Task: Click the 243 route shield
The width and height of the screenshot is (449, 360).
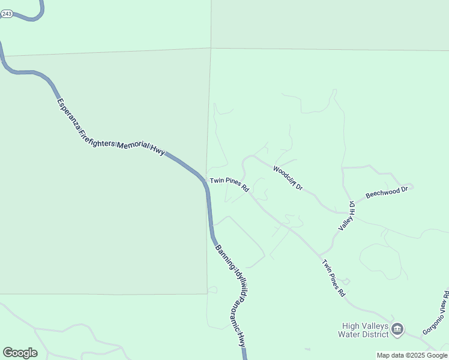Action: (6, 13)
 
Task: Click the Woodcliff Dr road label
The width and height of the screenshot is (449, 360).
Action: (288, 178)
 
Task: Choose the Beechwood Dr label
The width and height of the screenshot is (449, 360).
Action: (387, 193)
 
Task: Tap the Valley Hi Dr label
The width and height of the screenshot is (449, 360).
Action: (347, 216)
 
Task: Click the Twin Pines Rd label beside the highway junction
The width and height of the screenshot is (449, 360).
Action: (229, 184)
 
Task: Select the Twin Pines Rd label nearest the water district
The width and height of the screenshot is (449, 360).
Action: (334, 278)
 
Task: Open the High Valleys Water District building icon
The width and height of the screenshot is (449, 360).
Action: (397, 329)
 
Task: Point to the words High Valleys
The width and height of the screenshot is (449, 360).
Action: (362, 325)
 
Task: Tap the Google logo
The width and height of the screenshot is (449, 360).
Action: (20, 353)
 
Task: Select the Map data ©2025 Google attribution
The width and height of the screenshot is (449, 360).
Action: (412, 355)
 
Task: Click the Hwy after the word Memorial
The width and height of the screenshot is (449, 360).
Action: (158, 152)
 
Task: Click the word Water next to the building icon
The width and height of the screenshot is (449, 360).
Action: (349, 334)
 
